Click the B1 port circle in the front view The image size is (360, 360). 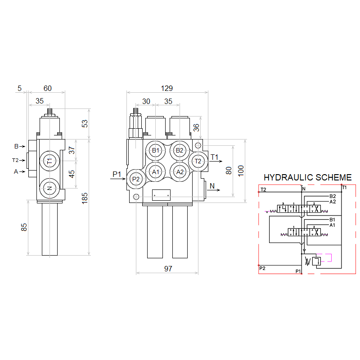click(x=156, y=150)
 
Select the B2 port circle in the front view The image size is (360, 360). click(x=180, y=150)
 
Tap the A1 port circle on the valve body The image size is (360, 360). click(x=156, y=171)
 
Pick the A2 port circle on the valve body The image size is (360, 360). click(x=180, y=171)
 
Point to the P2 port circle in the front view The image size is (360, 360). click(x=136, y=179)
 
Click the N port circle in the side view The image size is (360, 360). click(x=50, y=187)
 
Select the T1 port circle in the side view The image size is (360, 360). click(x=50, y=161)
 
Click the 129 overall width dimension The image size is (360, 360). click(x=166, y=88)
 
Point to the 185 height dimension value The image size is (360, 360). click(x=85, y=198)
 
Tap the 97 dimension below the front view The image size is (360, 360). click(x=168, y=269)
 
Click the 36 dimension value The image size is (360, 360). click(x=196, y=128)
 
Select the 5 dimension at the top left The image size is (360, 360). click(x=19, y=88)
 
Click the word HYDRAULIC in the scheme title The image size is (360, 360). click(x=288, y=178)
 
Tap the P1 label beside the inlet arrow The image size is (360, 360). click(x=117, y=174)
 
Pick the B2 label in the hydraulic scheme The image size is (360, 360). click(x=333, y=196)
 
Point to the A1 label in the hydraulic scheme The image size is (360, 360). click(x=333, y=225)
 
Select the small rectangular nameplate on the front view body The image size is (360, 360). click(x=161, y=195)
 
